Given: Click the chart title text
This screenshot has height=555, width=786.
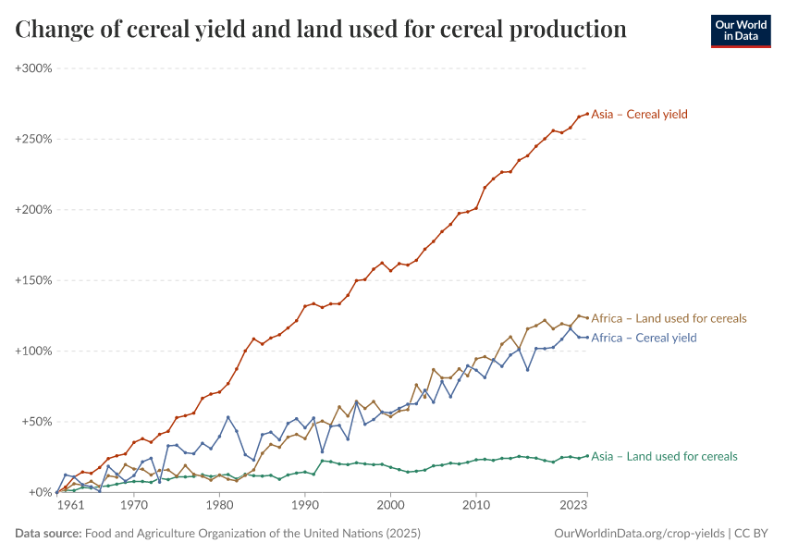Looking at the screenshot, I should tap(321, 30).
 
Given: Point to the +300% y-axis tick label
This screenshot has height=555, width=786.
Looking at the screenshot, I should tap(34, 68).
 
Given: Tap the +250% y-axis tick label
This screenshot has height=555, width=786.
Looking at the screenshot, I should tap(34, 140).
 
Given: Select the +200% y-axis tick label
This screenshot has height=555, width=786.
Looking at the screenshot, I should tap(34, 210).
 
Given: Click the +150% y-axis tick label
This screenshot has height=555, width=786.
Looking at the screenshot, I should tap(34, 280).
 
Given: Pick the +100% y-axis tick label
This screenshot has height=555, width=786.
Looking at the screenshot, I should tap(34, 351).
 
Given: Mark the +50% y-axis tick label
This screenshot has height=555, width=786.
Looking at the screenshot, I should tap(37, 422).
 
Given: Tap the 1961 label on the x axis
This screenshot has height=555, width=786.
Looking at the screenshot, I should tap(70, 506).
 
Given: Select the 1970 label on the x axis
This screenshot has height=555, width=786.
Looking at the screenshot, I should tap(133, 506).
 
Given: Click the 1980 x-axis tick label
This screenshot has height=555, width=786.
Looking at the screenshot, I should tap(219, 506).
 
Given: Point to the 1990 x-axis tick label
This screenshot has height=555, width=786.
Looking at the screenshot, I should tap(305, 506).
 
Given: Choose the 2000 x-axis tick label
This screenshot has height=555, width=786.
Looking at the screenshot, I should tap(391, 506).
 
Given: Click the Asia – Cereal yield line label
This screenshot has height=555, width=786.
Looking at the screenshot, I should tap(639, 115).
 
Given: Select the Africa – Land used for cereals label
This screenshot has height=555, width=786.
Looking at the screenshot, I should tap(669, 318).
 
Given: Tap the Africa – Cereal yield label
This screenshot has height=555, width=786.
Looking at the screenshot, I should tap(644, 338).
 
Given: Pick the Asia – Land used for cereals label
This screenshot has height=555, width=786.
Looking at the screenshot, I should tap(664, 456).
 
